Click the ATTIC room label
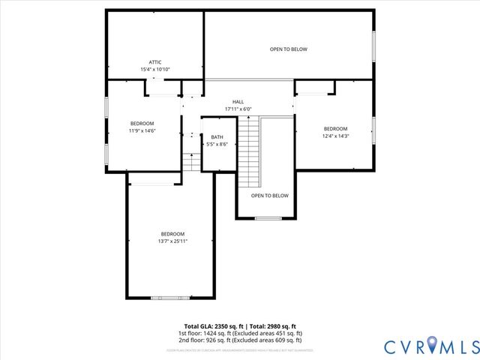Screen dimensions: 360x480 (155, 62)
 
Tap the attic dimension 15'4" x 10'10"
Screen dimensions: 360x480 (155, 70)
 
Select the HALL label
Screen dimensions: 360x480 (238, 102)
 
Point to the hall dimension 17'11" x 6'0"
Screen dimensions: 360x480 (238, 109)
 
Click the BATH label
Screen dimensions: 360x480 (216, 136)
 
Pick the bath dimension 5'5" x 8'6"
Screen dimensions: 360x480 (216, 144)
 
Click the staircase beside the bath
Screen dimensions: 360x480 (248, 154)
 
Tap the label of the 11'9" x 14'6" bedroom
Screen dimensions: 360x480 (142, 124)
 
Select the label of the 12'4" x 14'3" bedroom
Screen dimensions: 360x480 (335, 128)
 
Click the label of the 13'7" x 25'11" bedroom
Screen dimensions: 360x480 (172, 234)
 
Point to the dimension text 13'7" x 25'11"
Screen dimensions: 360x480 (172, 241)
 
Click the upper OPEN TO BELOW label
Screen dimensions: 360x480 (289, 49)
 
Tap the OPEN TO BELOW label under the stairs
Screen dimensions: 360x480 (269, 196)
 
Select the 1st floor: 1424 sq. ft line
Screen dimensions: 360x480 (239, 333)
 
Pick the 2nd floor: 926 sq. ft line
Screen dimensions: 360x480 (239, 340)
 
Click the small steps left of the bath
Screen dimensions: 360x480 (191, 162)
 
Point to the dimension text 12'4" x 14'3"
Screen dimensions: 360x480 (335, 136)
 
